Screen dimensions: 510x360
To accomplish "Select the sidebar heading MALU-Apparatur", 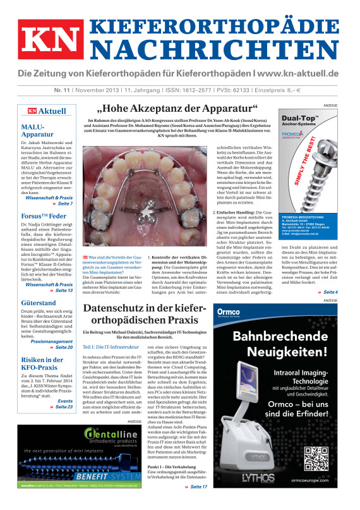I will [x=35, y=131].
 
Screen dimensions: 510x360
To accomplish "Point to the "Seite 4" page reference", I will [x=329, y=292].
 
